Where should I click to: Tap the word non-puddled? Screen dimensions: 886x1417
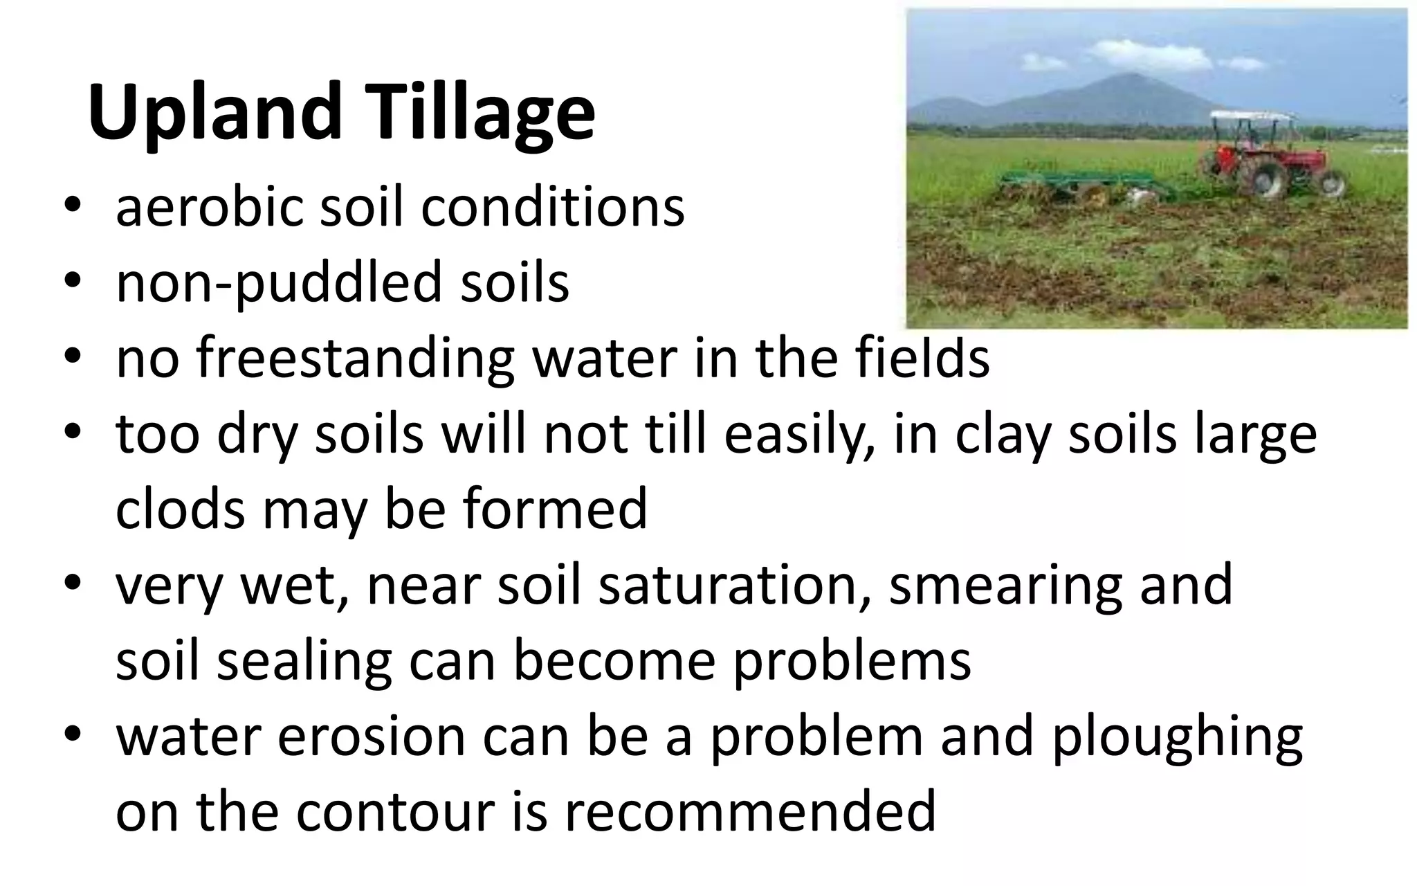[x=278, y=284]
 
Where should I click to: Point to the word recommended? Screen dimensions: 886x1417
[x=750, y=811]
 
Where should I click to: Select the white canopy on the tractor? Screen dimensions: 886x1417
[x=1252, y=116]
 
